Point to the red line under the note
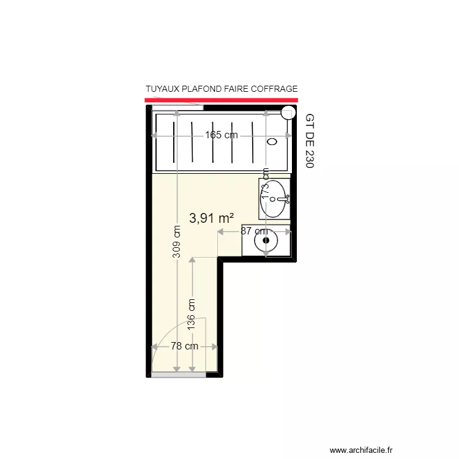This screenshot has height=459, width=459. pos(221,99)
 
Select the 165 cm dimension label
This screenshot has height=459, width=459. pos(221,135)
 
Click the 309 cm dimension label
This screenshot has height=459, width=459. pos(176,242)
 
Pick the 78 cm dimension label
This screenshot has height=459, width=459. pos(184,346)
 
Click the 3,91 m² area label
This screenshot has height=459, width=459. pos(212,217)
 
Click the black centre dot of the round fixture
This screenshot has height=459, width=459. pos(266,241)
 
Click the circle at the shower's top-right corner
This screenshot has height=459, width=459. pos(288,112)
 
